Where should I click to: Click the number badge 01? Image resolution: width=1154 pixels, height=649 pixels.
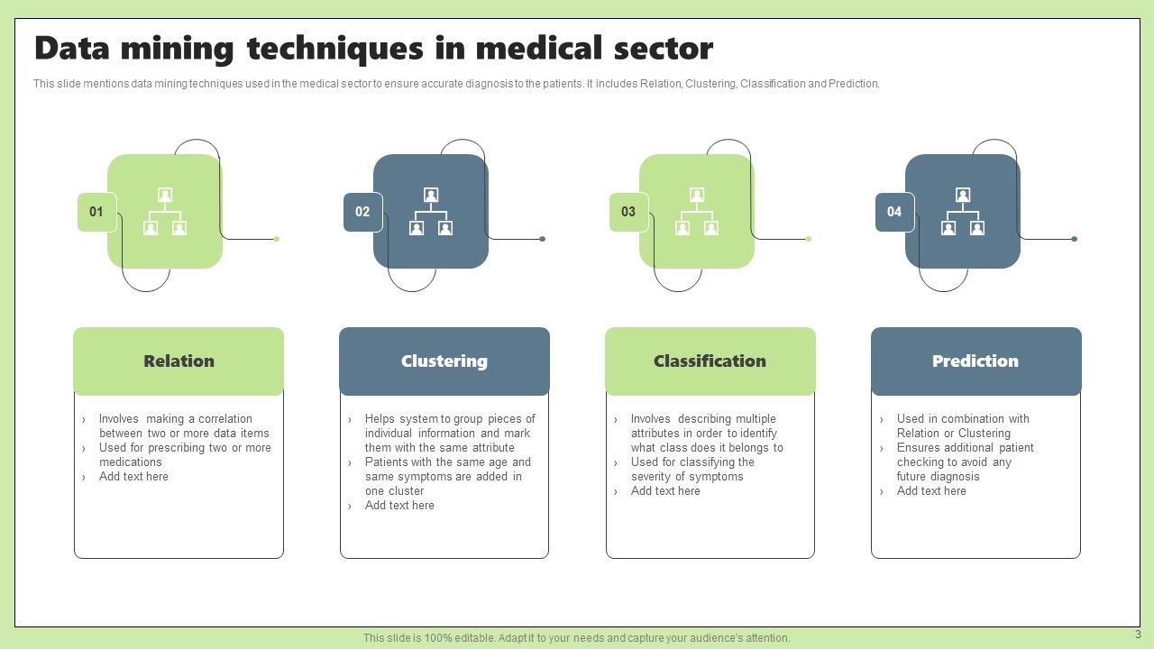tap(96, 212)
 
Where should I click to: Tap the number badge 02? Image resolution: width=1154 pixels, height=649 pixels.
tap(362, 212)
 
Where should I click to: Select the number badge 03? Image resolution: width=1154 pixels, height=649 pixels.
tap(628, 212)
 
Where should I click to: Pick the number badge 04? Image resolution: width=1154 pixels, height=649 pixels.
tap(894, 212)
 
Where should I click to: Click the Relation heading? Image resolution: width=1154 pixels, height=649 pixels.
tap(179, 361)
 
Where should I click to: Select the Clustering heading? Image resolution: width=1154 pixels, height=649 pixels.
tap(444, 361)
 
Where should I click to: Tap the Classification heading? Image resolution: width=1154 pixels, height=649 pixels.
tap(710, 361)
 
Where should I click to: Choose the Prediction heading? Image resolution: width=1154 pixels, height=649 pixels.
tap(975, 361)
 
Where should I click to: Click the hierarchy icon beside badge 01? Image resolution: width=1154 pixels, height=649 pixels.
tap(165, 212)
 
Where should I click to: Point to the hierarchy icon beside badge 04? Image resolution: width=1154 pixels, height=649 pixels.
tap(963, 212)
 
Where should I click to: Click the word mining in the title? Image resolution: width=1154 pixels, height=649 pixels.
tap(170, 48)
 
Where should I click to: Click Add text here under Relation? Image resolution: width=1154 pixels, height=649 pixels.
tap(133, 477)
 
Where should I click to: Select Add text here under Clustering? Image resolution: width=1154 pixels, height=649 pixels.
tap(399, 506)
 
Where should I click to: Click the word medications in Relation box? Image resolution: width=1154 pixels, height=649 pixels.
tap(131, 462)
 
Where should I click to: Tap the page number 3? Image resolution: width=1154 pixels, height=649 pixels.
tap(1138, 635)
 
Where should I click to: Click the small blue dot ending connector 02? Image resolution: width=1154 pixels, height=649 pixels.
tap(542, 239)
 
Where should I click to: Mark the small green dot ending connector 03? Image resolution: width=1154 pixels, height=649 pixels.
tap(808, 239)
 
